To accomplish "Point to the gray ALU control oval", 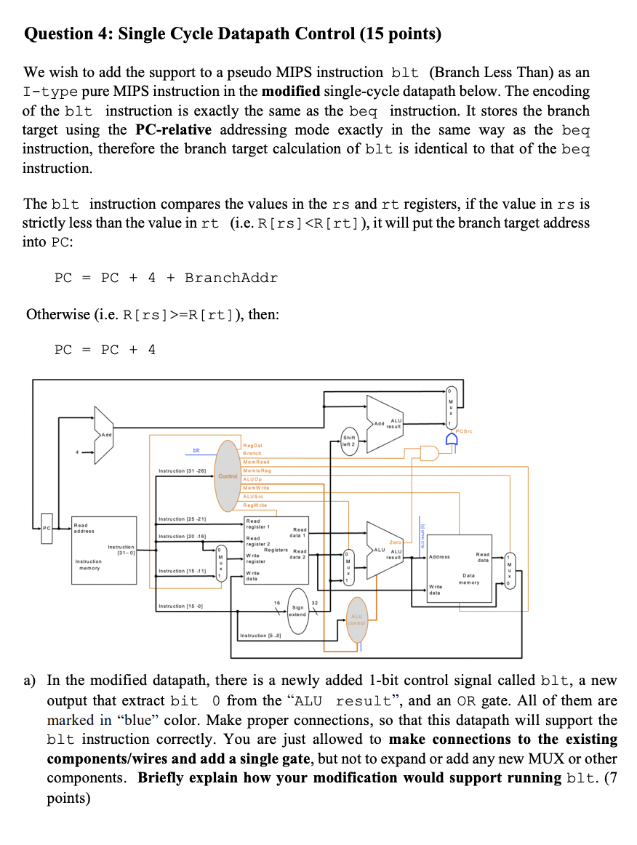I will click(357, 620).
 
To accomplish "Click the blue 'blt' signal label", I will click(196, 451).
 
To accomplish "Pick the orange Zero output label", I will click(396, 542).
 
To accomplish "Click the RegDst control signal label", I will click(254, 444).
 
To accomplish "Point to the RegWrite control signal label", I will click(255, 504).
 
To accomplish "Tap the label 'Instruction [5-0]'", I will click(260, 636).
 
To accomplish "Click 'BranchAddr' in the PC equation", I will click(231, 278).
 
